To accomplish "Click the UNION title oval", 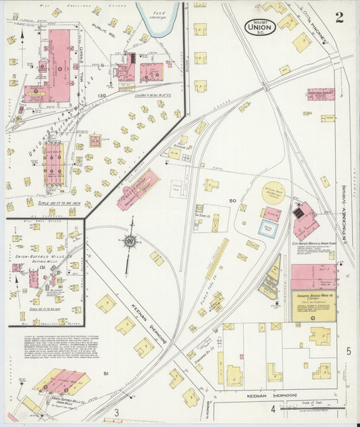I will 259,28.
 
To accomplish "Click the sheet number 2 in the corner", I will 338,18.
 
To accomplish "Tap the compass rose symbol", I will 130,240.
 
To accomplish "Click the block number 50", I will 232,201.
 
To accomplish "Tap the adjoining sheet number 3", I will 116,412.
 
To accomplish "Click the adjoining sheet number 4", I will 273,409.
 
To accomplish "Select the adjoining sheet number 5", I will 349,351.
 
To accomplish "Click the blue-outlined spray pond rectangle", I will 269,228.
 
